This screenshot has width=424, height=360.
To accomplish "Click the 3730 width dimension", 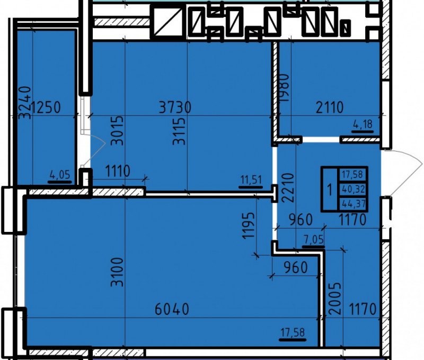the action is [175, 107].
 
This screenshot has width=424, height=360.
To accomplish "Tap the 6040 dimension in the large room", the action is [172, 309].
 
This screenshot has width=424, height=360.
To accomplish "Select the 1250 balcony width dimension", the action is [46, 107].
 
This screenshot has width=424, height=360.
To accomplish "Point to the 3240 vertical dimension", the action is [24, 103].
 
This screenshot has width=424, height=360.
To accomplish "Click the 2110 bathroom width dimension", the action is [330, 107].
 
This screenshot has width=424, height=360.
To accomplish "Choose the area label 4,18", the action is [363, 124].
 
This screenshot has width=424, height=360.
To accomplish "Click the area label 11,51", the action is [251, 180].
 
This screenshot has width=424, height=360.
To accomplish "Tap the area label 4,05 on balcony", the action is [60, 175].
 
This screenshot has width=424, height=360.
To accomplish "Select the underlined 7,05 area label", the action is [313, 239].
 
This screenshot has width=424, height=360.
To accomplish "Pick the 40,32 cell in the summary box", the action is [354, 189].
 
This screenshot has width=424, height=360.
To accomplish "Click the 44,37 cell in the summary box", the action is [354, 203].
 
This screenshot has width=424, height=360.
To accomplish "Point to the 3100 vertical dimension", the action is [117, 272].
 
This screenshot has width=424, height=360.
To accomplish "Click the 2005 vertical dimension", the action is [335, 299].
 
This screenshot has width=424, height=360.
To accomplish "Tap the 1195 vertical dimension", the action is [248, 226].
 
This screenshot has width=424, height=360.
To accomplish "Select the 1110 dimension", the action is [118, 171].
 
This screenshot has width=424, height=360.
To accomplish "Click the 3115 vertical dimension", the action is [179, 131].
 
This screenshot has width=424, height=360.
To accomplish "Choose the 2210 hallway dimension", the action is [287, 187].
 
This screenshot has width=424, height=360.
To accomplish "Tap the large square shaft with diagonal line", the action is [168, 22].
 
